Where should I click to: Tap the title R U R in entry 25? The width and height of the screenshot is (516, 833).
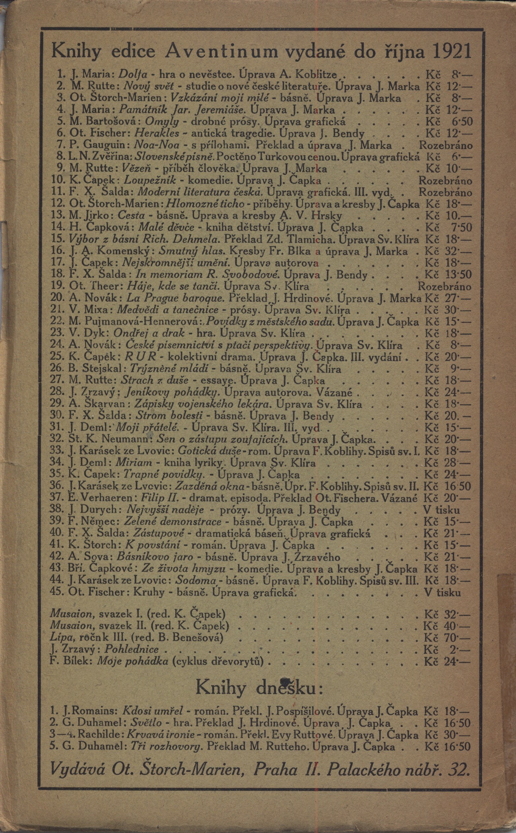[141, 357]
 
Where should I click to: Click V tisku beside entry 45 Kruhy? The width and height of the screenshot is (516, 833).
[442, 592]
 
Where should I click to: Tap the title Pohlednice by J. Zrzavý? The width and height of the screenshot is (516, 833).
[132, 649]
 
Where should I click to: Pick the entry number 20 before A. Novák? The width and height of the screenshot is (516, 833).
[58, 298]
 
